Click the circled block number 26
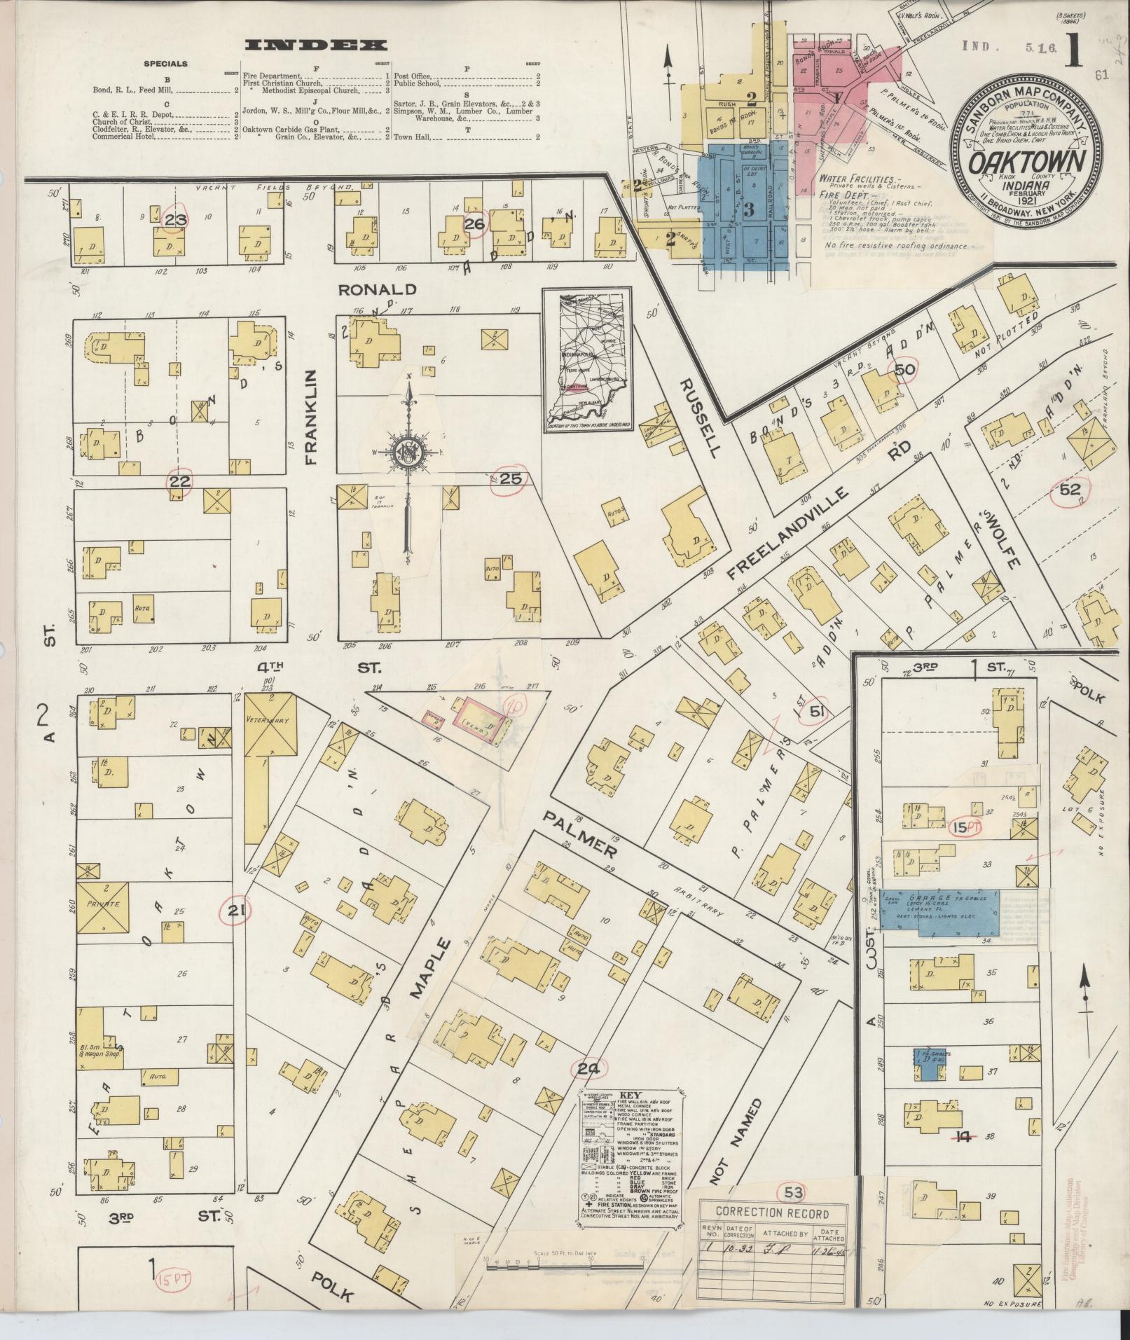coord(474,224)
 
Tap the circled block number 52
coord(1070,490)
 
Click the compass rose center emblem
coord(406,450)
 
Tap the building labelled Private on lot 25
coord(103,906)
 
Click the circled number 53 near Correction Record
coord(793,1190)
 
